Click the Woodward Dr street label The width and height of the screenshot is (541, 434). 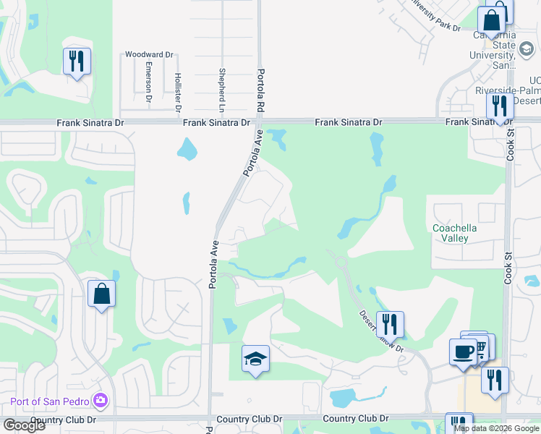tap(150, 54)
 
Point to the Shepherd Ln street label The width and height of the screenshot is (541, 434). tap(221, 90)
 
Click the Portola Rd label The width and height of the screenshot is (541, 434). tap(259, 92)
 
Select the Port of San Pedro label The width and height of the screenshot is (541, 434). tap(50, 401)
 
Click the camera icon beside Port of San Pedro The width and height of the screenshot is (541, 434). tap(101, 400)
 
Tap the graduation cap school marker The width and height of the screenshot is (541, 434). tap(255, 359)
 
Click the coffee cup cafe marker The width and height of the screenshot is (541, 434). tap(463, 352)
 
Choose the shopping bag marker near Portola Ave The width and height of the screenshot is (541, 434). tap(101, 294)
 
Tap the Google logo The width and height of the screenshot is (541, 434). tap(24, 426)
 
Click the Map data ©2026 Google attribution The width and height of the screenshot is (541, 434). tap(496, 428)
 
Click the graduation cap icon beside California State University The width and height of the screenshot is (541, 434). tap(528, 50)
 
